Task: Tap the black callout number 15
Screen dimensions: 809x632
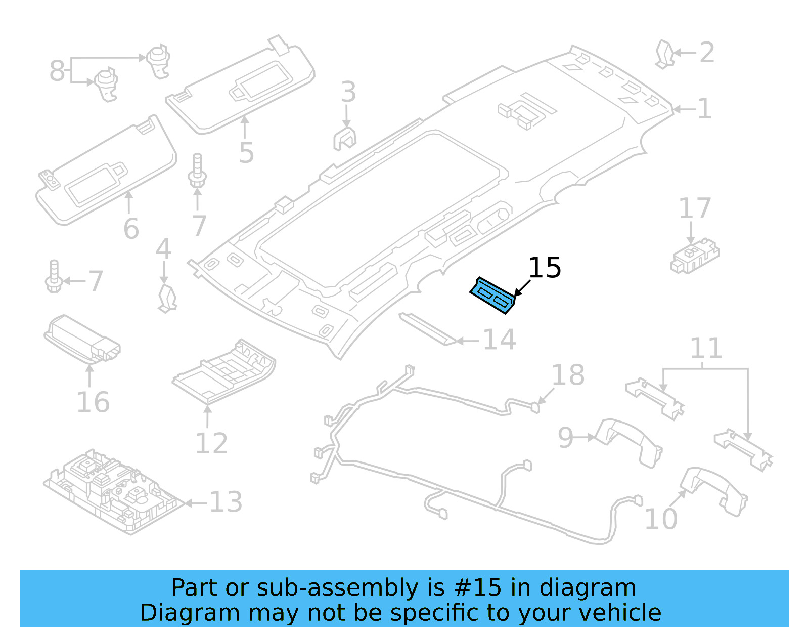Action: coord(545,268)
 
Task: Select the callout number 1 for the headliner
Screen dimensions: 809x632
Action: coord(704,109)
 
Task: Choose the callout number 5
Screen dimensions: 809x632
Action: coord(246,152)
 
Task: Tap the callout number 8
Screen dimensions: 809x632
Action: coord(57,70)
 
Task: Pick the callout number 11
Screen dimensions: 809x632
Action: coord(706,348)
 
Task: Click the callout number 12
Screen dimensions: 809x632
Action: coord(211,443)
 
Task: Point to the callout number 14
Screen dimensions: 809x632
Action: coord(499,340)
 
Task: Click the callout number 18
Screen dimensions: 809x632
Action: coord(568,375)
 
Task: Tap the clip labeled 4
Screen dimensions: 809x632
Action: coord(167,299)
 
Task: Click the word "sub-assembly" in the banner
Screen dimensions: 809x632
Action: coord(338,588)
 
